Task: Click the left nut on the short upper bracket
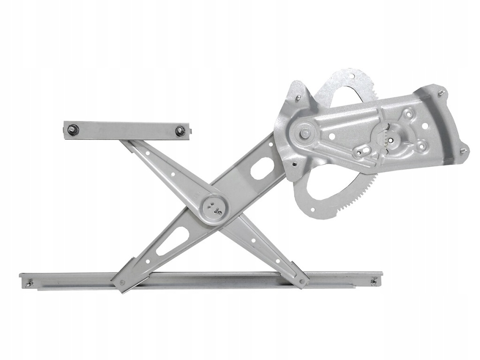[x=72, y=129]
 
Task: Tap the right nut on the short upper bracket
[x=180, y=131]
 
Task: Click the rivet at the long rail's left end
[x=30, y=283]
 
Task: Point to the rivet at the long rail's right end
[x=374, y=282]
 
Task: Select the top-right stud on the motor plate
[x=441, y=92]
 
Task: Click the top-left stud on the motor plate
[x=298, y=97]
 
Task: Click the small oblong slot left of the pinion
[x=362, y=151]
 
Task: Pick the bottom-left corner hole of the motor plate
[x=294, y=164]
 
